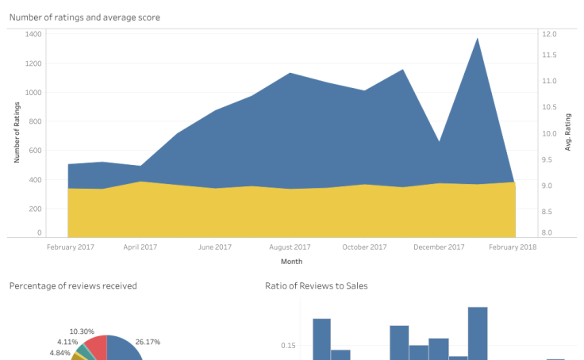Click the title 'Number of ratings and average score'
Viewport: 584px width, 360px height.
tap(84, 17)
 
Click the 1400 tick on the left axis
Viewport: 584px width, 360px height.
tap(34, 34)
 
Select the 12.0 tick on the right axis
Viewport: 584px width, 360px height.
tap(549, 34)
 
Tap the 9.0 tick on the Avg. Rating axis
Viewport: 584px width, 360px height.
tap(549, 186)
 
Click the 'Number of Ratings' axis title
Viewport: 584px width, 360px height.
tap(17, 132)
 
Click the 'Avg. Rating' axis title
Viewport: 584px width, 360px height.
tap(568, 132)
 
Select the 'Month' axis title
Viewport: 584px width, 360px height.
tap(291, 261)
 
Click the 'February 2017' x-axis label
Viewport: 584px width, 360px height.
tap(70, 247)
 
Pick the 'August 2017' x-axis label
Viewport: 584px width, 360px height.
tap(290, 247)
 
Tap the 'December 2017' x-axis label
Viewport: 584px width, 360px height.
tap(439, 247)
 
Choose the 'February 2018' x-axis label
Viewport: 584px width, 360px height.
tap(513, 247)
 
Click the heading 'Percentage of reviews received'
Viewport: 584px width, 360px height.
tap(73, 285)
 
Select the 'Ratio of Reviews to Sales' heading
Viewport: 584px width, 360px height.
tap(316, 285)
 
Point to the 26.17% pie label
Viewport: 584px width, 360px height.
tap(148, 342)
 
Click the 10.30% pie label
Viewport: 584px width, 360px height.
tap(82, 331)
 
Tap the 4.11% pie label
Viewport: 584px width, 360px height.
tap(67, 342)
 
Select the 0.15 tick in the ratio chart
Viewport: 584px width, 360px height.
tap(288, 346)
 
